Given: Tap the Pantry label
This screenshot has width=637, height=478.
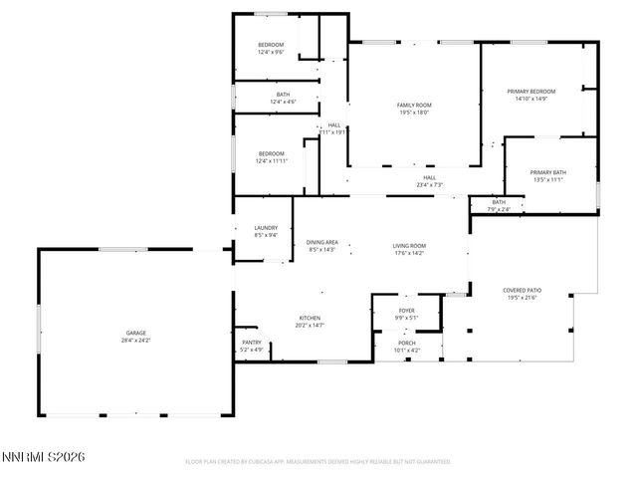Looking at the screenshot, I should [x=251, y=343].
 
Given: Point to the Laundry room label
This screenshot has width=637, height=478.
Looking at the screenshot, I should [x=266, y=228].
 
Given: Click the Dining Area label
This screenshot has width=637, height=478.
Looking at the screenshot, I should [x=321, y=243].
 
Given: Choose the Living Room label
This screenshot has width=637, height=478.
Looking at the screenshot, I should [x=408, y=246].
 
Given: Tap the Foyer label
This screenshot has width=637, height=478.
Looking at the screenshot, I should [x=406, y=312].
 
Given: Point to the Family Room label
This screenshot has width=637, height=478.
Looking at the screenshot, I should [x=414, y=106].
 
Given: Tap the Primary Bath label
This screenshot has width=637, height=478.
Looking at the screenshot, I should [x=547, y=172].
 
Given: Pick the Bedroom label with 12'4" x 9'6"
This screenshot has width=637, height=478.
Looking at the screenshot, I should [x=271, y=45].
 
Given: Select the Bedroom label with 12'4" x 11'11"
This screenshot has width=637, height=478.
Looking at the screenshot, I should [x=271, y=153].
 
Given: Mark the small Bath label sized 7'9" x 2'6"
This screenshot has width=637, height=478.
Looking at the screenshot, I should [x=499, y=202].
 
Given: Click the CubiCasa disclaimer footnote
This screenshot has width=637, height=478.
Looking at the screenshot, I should [x=318, y=462].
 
